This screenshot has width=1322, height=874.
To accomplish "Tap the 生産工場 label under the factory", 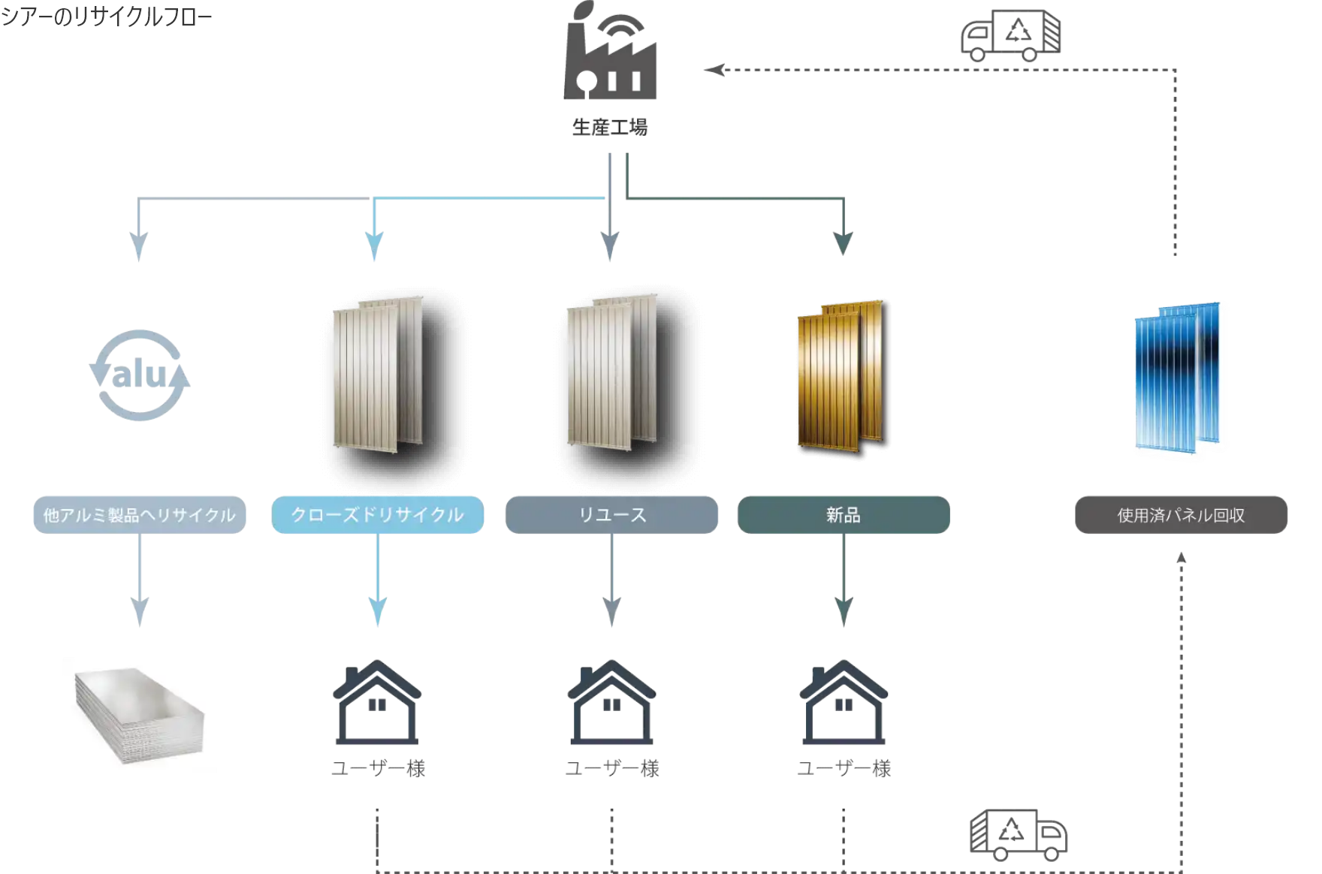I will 610,128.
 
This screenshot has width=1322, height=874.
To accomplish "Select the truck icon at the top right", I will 1011,35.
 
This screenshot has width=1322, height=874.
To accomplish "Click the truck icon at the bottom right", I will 1019,834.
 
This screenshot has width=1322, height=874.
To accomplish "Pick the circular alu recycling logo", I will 140,375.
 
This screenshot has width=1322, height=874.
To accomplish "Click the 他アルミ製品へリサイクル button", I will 140,515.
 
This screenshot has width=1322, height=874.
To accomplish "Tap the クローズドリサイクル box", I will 378,515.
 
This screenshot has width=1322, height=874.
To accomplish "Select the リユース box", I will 611,515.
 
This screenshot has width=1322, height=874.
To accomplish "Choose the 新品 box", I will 844,515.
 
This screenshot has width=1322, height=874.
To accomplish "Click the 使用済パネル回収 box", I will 1181,515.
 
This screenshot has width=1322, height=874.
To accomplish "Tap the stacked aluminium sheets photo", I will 140,715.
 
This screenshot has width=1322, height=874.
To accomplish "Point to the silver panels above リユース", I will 611,372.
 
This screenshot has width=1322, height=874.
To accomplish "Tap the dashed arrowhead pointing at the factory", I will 714,70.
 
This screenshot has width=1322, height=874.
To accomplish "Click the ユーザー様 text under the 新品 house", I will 844,768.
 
